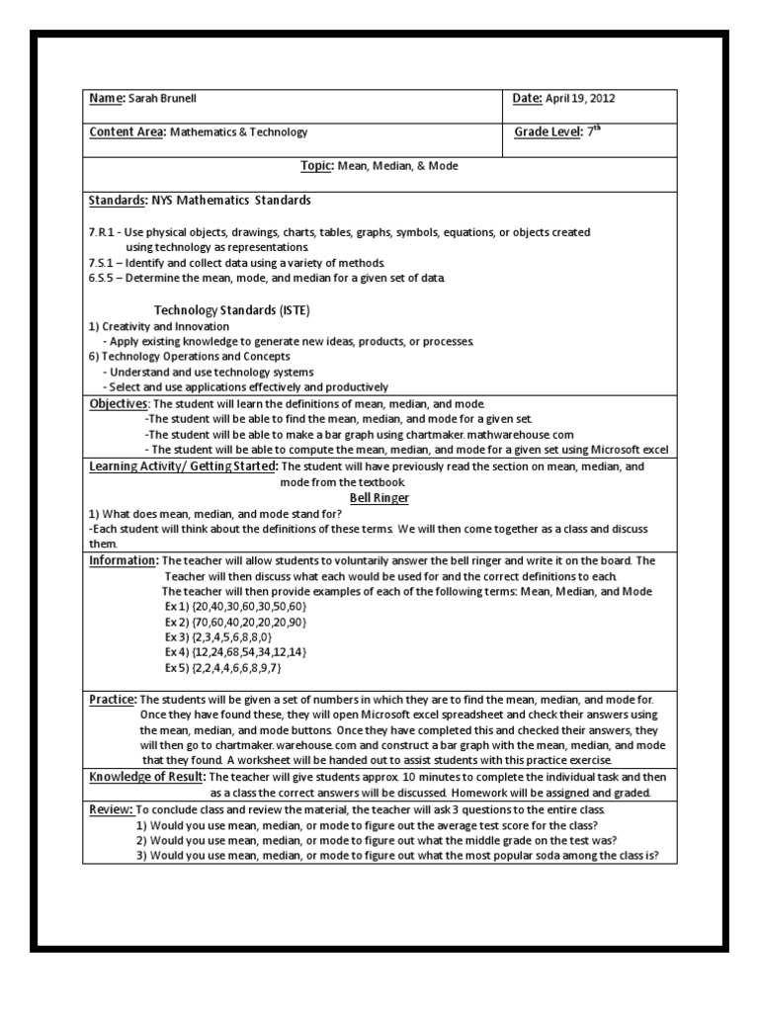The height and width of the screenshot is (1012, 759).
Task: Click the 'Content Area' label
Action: point(126,131)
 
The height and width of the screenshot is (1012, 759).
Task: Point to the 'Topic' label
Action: point(316,166)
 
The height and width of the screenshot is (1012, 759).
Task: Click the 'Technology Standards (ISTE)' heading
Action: point(232,310)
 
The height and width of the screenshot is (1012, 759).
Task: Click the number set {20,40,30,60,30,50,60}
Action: point(251,606)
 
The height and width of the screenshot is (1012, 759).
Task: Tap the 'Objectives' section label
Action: point(119,404)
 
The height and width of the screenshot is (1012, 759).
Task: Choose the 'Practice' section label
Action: point(112,699)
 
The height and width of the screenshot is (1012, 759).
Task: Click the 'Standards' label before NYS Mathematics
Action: point(118,201)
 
